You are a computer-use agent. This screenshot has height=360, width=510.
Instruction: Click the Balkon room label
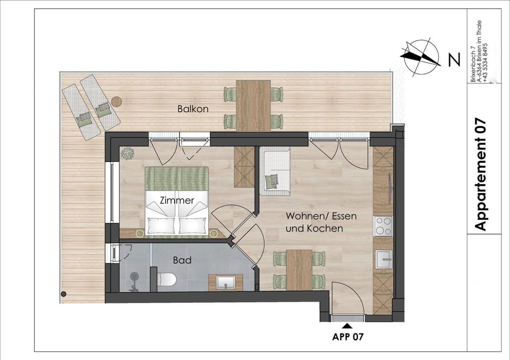(192, 109)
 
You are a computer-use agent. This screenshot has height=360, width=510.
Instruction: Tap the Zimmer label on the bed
(177, 201)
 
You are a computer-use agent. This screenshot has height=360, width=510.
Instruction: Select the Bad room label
(182, 261)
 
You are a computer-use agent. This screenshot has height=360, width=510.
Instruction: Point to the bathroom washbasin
(226, 281)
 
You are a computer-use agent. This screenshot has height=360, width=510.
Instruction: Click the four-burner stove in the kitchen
(383, 225)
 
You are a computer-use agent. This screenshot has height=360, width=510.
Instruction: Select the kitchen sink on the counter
(383, 260)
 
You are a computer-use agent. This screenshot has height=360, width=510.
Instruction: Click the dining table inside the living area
(299, 269)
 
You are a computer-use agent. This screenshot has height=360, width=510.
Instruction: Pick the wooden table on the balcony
(253, 105)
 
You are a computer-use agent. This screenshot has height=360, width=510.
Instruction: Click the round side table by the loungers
(116, 100)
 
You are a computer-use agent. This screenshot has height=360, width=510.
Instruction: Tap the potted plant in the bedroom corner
(127, 154)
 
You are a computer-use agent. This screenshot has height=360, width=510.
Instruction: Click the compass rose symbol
(421, 58)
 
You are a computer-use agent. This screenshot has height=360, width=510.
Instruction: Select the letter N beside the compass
(454, 61)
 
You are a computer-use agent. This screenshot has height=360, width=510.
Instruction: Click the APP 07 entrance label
(348, 336)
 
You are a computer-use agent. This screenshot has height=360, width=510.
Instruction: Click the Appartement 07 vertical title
(480, 175)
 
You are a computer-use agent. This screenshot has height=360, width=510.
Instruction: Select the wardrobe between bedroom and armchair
(245, 167)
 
